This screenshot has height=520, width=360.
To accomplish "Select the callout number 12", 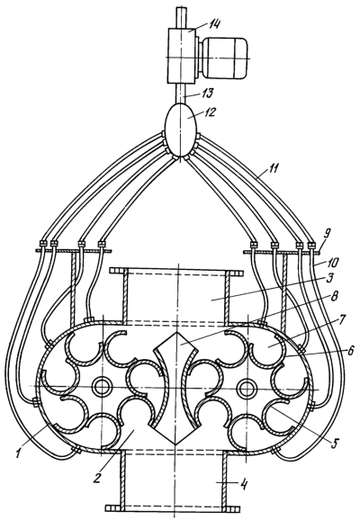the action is [x=209, y=112].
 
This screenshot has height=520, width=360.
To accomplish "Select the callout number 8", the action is [x=335, y=296].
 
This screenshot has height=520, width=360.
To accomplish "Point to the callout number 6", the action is [x=351, y=349].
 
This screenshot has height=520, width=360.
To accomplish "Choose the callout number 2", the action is [x=97, y=470].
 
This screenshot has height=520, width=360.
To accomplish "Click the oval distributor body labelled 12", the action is [x=181, y=130].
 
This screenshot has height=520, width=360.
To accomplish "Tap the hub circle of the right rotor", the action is [x=247, y=387].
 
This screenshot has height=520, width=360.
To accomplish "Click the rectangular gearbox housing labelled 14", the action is [x=182, y=56].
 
